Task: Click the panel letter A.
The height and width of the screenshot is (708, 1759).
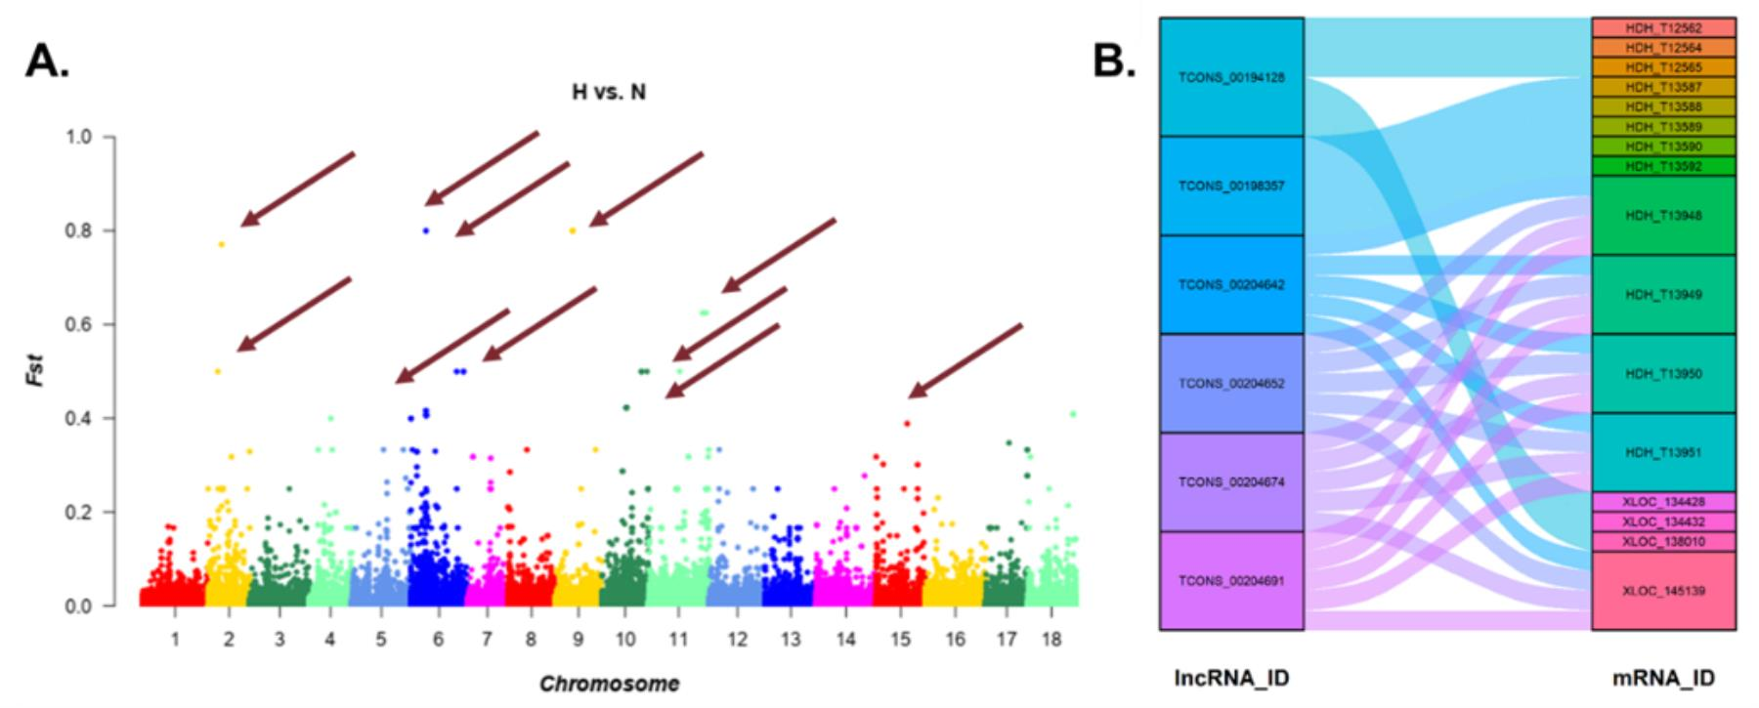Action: (47, 62)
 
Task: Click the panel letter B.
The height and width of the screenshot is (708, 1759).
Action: (1114, 62)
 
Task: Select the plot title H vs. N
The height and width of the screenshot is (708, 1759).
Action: (608, 93)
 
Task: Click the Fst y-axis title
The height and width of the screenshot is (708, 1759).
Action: (35, 371)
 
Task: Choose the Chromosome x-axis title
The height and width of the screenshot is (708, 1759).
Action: (608, 684)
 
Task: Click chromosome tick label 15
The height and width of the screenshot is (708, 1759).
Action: (900, 640)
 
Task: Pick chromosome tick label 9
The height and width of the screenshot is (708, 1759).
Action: (578, 640)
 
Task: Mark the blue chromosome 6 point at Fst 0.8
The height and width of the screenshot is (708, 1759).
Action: (425, 230)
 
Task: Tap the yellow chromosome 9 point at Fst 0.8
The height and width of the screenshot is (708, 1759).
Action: (573, 230)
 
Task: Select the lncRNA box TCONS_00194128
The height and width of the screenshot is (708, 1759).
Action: (1231, 77)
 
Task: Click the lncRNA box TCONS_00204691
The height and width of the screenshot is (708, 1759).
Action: (1231, 581)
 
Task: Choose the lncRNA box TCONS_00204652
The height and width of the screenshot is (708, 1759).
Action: (1231, 384)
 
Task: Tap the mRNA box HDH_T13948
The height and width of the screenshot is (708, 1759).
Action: (1663, 216)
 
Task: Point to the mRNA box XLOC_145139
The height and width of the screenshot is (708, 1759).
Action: (1663, 591)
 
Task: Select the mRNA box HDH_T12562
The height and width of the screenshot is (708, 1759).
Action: (1663, 28)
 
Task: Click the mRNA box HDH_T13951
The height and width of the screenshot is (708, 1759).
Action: (1663, 452)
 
